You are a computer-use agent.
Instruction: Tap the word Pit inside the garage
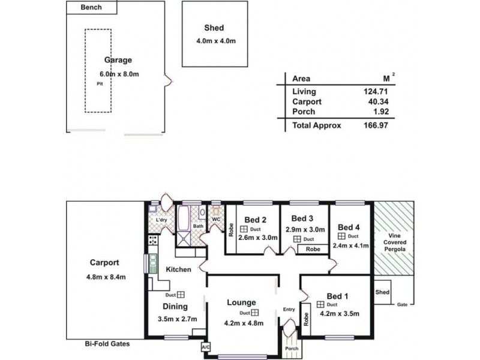tap(100, 84)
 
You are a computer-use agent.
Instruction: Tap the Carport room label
tap(104, 262)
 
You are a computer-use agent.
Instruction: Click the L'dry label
tap(161, 220)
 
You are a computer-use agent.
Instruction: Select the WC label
tap(216, 220)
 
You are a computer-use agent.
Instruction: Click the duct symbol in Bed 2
tap(244, 229)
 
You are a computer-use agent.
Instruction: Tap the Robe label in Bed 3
tap(312, 248)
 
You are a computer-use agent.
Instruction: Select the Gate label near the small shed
tap(403, 305)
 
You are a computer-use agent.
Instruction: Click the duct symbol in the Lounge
tap(254, 313)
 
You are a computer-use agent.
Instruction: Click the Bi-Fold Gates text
tap(107, 344)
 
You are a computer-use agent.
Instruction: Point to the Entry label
tap(289, 310)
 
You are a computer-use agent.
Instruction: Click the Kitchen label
tap(178, 269)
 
